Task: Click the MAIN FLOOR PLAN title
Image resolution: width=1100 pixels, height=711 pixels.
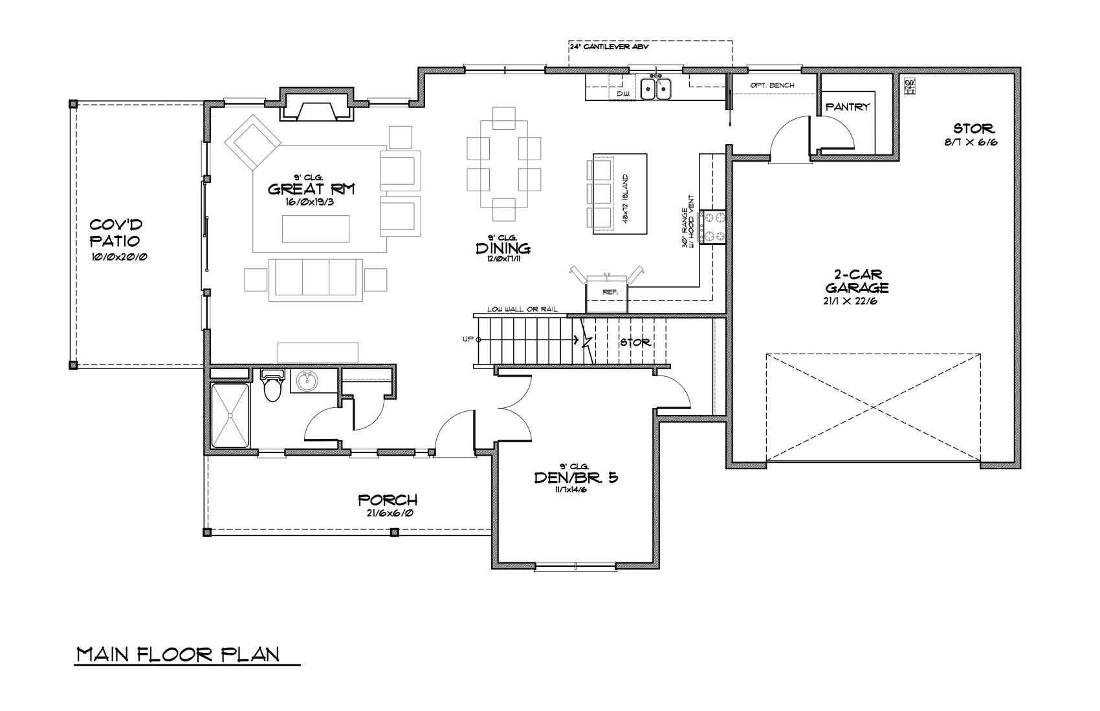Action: click(x=179, y=654)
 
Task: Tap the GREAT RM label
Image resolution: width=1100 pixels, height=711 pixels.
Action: click(x=312, y=189)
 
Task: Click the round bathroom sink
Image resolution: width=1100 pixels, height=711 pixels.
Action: click(x=307, y=381)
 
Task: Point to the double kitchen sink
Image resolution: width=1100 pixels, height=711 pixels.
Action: click(x=656, y=89)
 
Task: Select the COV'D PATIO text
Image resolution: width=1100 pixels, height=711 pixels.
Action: click(x=116, y=233)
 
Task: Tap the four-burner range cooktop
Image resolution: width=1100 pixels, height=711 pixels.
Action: click(x=713, y=228)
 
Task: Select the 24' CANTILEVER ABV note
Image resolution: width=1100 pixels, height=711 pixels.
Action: click(x=609, y=47)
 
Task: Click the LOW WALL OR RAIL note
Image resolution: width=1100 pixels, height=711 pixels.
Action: click(x=522, y=310)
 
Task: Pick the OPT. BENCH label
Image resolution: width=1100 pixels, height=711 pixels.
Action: click(x=772, y=85)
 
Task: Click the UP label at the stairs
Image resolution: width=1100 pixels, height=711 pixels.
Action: click(x=467, y=339)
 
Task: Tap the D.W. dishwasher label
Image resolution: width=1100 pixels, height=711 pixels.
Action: click(x=622, y=94)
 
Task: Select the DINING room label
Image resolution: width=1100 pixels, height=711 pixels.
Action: click(x=503, y=248)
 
